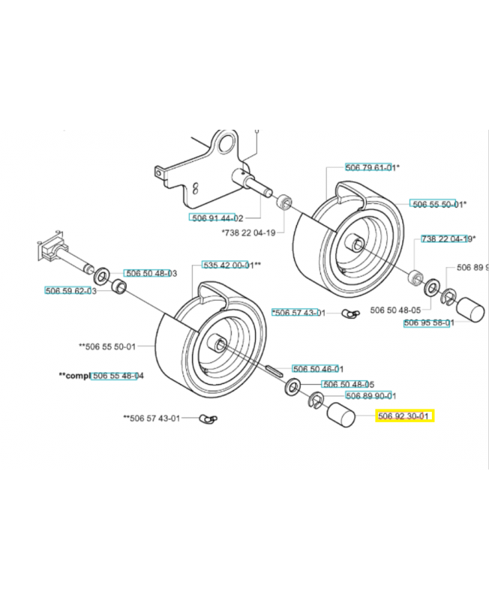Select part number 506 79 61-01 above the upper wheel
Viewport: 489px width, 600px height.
[370, 167]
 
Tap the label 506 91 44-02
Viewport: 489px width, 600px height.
[216, 217]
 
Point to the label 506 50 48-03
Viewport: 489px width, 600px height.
[150, 274]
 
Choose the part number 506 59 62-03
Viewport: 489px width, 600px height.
[70, 290]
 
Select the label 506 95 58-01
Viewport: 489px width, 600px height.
[429, 322]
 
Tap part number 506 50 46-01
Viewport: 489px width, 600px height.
[317, 368]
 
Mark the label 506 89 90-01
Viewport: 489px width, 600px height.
[370, 395]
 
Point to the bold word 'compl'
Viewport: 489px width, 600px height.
[74, 375]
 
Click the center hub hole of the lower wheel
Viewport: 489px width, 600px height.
[220, 344]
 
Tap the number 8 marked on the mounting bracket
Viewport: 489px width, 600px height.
[196, 187]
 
